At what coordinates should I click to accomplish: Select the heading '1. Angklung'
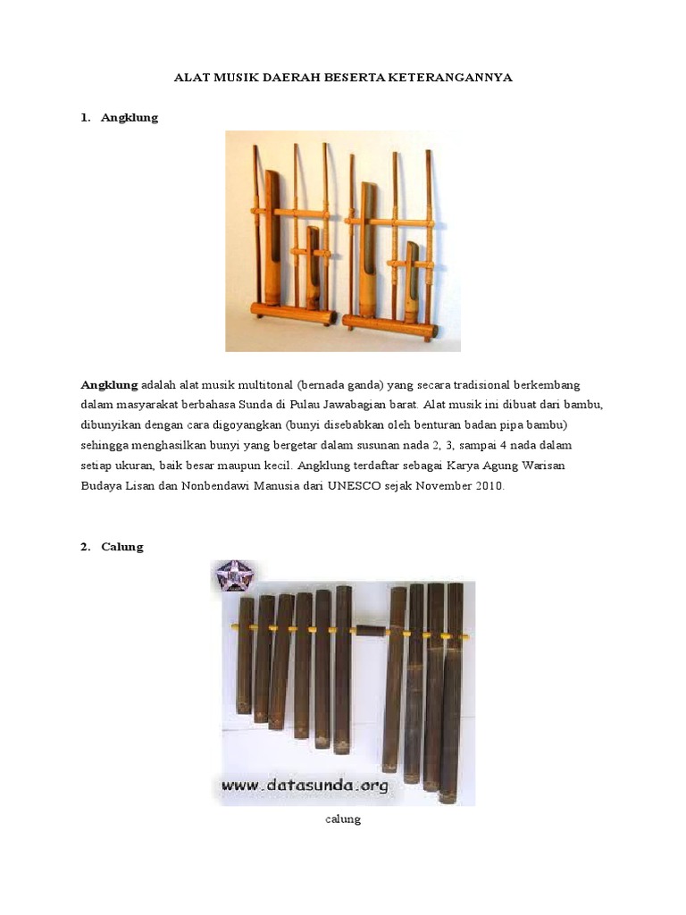pos(120,117)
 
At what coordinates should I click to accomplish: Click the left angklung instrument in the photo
pos(290,241)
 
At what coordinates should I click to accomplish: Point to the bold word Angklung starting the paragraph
pos(110,384)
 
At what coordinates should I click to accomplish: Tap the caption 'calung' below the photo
pos(343,818)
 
